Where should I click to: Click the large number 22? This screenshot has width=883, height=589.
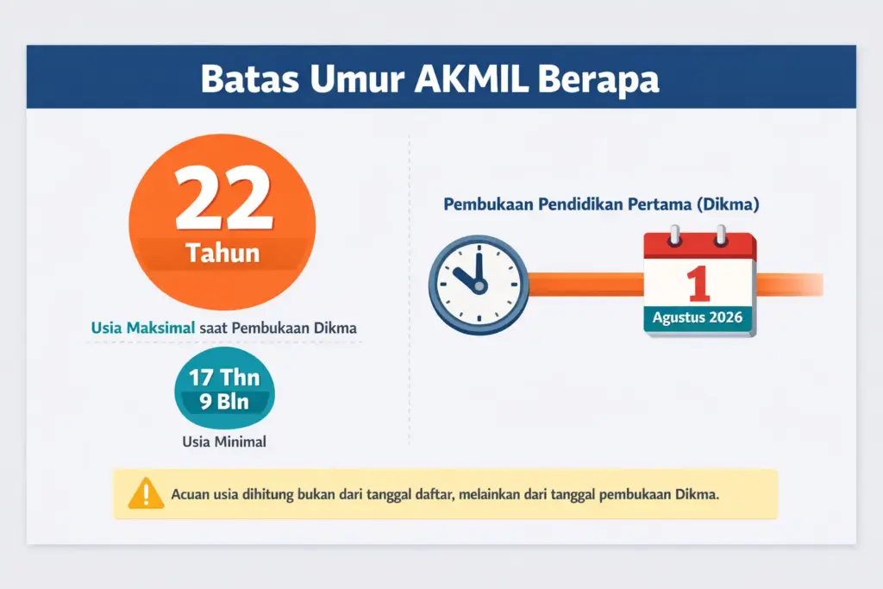coord(222,201)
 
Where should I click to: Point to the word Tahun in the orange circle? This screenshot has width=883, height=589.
coord(222,254)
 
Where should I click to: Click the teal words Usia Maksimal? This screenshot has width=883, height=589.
coord(143,329)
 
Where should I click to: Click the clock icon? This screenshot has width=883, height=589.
coord(479,283)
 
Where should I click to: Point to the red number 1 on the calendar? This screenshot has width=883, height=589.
coord(698,285)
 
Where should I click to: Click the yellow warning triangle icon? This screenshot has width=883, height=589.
coord(146,494)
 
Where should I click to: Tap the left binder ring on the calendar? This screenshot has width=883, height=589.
coord(675,234)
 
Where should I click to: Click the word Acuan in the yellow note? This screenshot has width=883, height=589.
coord(191,495)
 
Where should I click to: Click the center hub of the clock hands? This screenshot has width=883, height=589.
coord(477,284)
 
